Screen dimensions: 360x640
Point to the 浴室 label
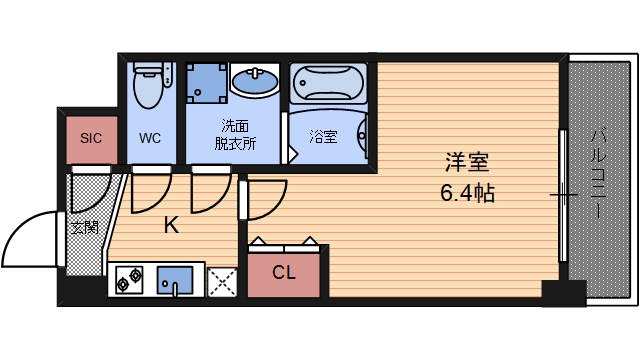(323, 136)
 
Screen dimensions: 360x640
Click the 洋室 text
(467, 163)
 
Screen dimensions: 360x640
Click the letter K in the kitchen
(171, 225)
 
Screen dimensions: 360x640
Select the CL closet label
(284, 271)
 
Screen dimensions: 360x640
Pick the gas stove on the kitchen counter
(127, 283)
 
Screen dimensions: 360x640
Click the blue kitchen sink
(176, 281)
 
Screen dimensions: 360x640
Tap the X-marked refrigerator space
(222, 282)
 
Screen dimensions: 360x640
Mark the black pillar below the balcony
(563, 293)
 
